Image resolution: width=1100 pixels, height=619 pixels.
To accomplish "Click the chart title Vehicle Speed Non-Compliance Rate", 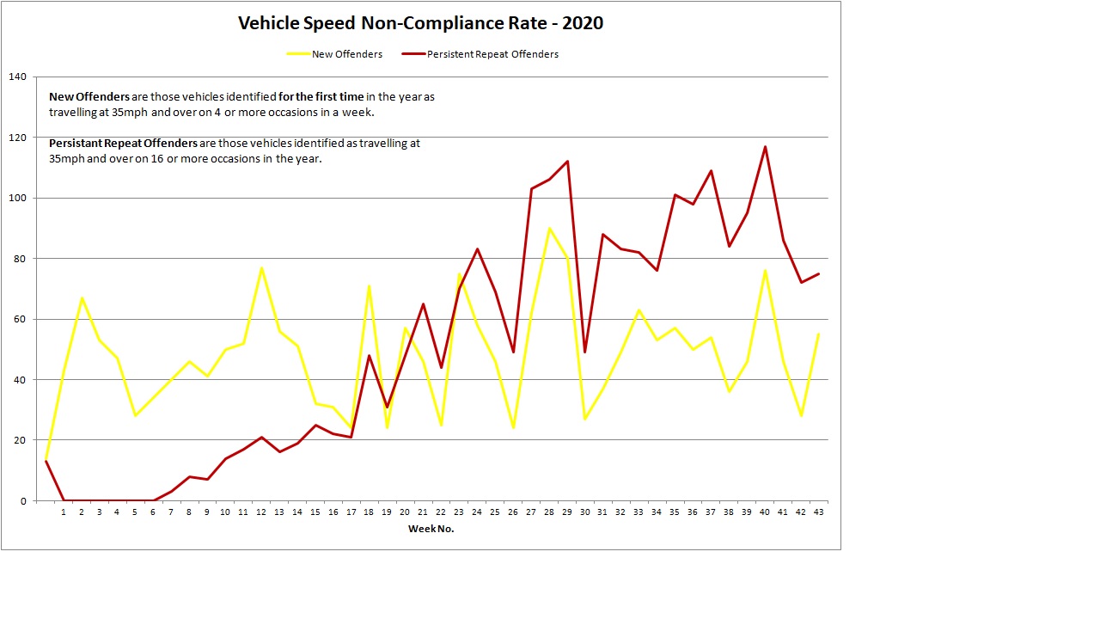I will (420, 23).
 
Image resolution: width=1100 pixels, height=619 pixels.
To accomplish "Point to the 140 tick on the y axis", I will (17, 77).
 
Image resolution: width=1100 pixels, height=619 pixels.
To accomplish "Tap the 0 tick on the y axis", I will (23, 501).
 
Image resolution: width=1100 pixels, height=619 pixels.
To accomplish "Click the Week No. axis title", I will (431, 530).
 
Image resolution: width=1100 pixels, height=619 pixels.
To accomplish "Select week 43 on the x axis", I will (818, 513).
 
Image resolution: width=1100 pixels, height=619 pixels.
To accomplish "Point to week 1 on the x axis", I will (64, 513).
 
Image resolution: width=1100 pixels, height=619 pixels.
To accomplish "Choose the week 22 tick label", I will (441, 513).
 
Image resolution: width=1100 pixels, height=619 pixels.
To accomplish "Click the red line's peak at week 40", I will (765, 147).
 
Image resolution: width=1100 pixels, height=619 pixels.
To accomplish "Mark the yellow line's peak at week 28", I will (549, 229).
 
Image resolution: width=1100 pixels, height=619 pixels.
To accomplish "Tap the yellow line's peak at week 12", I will (261, 267).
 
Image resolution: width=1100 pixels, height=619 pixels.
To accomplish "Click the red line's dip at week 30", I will (585, 352).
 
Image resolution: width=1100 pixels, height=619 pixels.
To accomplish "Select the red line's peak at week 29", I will (567, 162).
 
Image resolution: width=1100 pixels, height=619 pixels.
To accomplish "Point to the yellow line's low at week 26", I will (513, 428).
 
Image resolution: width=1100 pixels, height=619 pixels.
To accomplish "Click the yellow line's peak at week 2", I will (82, 298).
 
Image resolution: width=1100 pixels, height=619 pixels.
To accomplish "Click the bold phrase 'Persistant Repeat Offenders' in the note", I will (123, 144).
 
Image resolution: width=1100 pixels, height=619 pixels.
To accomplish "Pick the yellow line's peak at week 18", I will (369, 286).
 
